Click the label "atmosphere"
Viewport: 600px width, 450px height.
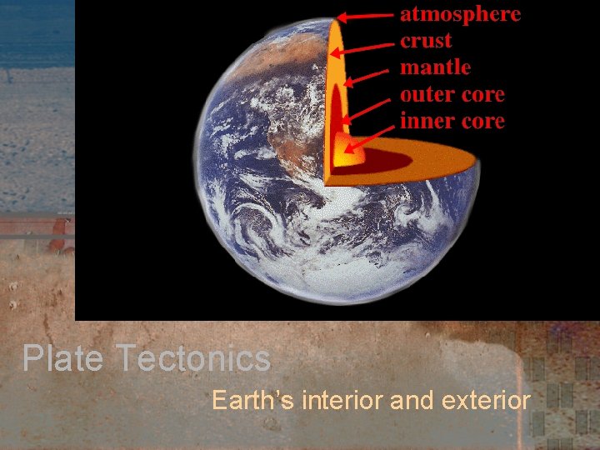(461, 14)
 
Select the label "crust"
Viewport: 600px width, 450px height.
(426, 41)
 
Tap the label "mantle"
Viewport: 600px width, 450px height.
(435, 67)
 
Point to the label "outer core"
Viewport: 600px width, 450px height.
(452, 94)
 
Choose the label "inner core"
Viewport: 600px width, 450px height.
(452, 121)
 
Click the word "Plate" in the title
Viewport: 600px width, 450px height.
(63, 359)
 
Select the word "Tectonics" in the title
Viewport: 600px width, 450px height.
(193, 359)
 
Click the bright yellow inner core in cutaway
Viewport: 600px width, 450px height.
(345, 155)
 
